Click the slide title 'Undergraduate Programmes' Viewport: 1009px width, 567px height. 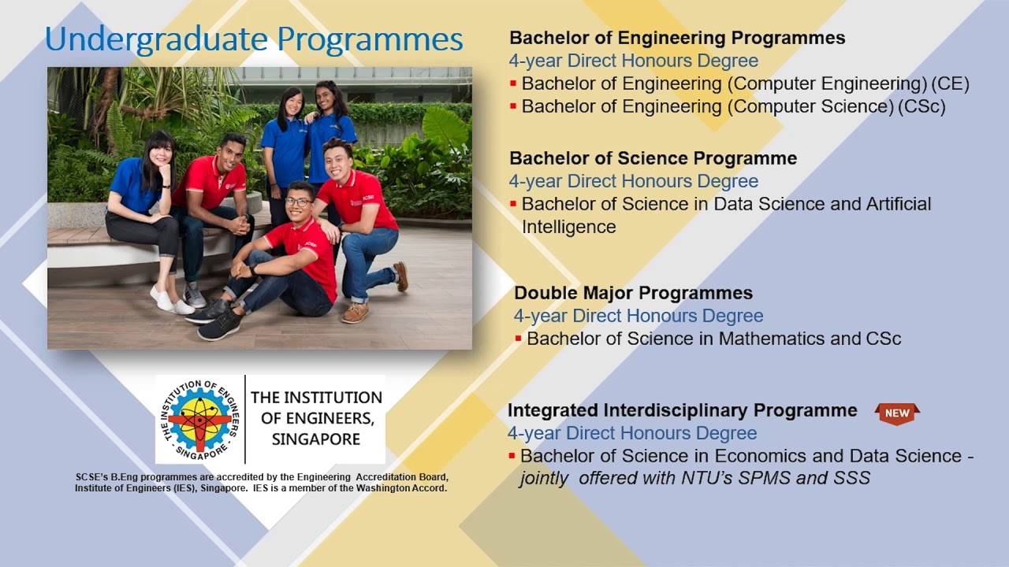(x=254, y=39)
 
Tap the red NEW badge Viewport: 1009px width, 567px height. (x=897, y=413)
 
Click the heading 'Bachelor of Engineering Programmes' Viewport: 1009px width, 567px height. (x=676, y=38)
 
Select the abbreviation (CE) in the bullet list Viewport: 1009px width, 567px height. (x=950, y=83)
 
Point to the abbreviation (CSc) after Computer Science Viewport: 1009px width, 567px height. (x=921, y=106)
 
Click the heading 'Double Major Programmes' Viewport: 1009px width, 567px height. (x=633, y=293)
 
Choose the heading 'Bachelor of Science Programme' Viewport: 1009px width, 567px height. (x=653, y=158)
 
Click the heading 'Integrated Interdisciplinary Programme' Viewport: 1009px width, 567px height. (x=682, y=410)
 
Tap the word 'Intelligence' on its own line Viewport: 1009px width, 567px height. (x=568, y=227)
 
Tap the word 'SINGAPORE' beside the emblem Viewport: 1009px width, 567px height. (x=315, y=439)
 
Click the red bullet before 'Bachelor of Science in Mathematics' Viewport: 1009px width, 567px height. (x=518, y=339)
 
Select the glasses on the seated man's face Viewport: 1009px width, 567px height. (x=297, y=202)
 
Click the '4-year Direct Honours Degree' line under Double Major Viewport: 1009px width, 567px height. (x=638, y=316)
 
